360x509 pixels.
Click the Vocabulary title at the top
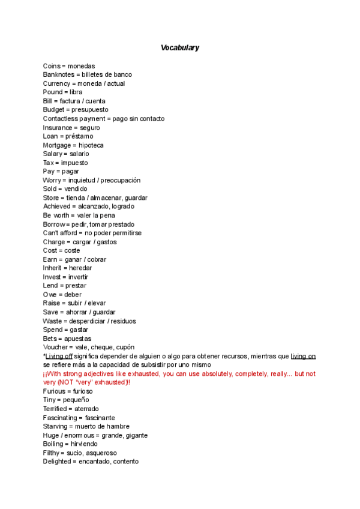[x=180, y=47]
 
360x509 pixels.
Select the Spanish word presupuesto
[x=89, y=110]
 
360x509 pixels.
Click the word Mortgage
[x=57, y=145]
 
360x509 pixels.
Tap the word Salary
[x=52, y=154]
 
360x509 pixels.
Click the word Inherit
[x=52, y=268]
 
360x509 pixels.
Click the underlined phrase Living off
[x=59, y=356]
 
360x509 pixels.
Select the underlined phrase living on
[x=303, y=356]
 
